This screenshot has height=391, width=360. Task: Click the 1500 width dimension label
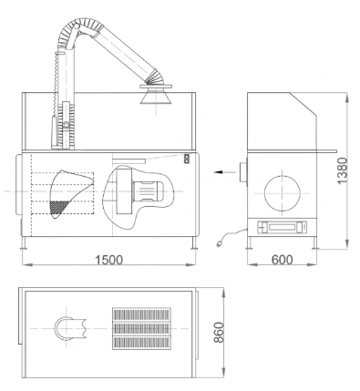pos(109,260)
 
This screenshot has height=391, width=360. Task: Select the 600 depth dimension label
pos(283,260)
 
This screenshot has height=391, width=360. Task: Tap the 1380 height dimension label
pos(342,170)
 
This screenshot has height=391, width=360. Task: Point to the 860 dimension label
pos(219,333)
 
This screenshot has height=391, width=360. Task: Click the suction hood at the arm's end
pos(156,94)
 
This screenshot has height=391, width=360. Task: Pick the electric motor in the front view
pos(147,191)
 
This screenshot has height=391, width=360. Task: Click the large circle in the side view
pos(283,193)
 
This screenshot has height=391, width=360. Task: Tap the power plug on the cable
pos(219,243)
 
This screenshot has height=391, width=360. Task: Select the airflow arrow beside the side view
pos(224,172)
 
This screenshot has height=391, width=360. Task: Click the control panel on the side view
pos(282,227)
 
